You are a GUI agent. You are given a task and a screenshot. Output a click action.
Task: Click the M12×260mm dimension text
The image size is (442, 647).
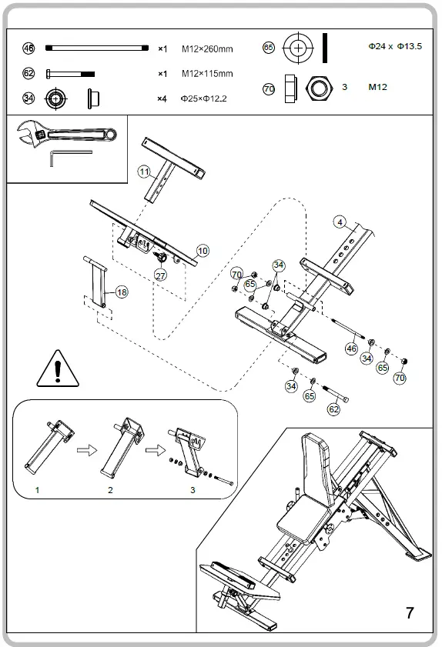(207, 49)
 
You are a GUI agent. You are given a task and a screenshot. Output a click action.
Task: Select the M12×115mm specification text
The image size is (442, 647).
(207, 74)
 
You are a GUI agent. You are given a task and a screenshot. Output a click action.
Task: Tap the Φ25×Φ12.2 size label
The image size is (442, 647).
(203, 98)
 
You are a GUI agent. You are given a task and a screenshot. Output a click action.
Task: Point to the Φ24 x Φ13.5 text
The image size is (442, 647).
(395, 46)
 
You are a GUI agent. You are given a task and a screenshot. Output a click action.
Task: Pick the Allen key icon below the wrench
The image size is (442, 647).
(70, 158)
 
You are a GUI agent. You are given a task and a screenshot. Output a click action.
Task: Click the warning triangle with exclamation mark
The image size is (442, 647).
(58, 369)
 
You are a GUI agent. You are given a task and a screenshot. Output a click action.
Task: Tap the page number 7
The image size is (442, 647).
(410, 612)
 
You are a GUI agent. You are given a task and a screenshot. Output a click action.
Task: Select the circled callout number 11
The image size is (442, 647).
(144, 172)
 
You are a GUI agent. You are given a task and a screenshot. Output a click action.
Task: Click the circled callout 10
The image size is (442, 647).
(203, 251)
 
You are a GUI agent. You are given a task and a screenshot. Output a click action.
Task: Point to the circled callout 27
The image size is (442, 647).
(160, 275)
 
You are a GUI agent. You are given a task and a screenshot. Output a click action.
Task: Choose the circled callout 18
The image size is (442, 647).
(122, 292)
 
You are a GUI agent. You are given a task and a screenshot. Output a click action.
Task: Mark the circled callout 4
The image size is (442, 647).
(340, 222)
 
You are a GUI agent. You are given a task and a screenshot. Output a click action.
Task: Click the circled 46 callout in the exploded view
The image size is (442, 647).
(351, 349)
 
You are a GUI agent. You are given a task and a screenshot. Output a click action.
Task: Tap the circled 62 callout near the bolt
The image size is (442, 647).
(333, 409)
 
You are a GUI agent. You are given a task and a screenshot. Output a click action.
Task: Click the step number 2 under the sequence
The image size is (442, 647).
(110, 490)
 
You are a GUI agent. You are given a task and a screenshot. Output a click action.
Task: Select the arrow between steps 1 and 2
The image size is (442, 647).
(87, 450)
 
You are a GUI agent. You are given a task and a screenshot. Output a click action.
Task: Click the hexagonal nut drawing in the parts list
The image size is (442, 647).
(319, 88)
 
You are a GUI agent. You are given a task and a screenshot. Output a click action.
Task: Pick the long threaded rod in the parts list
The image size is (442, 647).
(97, 48)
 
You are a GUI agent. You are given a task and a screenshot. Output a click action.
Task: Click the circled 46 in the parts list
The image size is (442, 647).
(28, 48)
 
